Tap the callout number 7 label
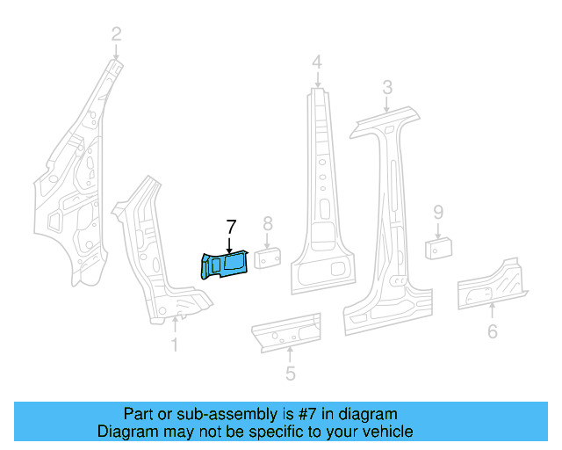coord(231,227)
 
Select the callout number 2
coord(116,35)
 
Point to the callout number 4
coord(316,62)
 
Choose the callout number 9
coord(437,212)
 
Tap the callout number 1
coord(174,345)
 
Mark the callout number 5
coord(290,374)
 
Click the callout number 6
coord(492,331)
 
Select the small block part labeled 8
coord(268,258)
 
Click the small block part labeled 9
coord(437,247)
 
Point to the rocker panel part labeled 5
coord(285,332)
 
